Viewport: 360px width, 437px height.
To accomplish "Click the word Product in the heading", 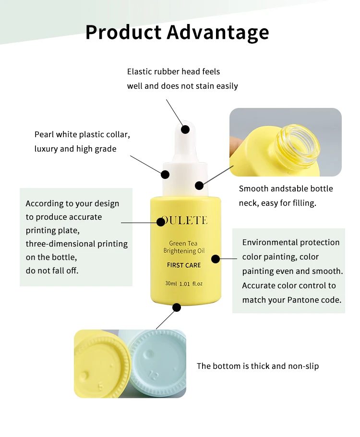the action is pos(123,32).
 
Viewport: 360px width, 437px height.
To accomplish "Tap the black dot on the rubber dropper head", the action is pos(185,130).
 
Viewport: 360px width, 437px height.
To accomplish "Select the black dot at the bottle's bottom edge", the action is pos(177,307).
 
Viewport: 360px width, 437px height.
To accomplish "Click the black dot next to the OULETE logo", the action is pos(161,222).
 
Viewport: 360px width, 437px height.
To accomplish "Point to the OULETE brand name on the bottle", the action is pos(184,221).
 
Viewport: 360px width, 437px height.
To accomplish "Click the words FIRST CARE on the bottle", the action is pos(184,265).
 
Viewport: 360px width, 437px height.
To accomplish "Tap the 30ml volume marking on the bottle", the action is pos(171,283).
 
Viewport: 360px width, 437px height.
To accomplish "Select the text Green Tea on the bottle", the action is pos(183,243).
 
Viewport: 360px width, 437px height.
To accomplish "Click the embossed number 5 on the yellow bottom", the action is pos(101,386).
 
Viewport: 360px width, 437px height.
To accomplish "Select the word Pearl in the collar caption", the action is pos(44,134).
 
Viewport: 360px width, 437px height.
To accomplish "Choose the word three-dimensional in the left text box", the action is pos(60,244).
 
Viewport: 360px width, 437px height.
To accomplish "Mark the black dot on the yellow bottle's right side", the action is pos(215,259).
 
